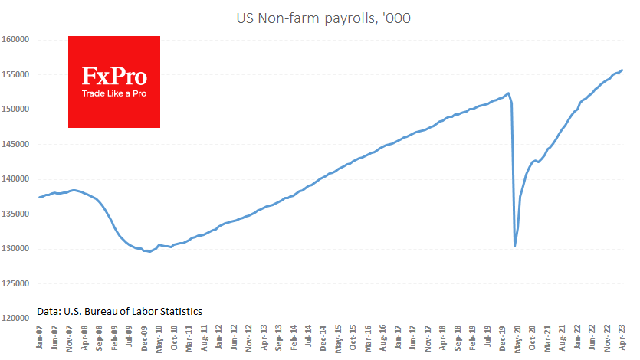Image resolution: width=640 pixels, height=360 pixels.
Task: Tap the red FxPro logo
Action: [x=114, y=81]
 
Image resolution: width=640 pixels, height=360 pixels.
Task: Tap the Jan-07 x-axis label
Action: [x=41, y=338]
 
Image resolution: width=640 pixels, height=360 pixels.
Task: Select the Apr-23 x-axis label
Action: [x=620, y=338]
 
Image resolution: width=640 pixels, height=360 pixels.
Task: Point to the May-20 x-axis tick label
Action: [x=516, y=338]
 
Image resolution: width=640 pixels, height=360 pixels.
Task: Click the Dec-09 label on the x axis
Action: [x=144, y=338]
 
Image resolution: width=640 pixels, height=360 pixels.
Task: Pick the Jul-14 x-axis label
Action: [x=308, y=338]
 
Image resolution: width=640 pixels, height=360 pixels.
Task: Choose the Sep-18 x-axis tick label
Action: [x=457, y=338]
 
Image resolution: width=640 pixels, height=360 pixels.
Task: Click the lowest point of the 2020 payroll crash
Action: [x=514, y=246]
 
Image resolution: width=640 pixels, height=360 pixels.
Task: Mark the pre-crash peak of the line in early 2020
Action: [x=509, y=93]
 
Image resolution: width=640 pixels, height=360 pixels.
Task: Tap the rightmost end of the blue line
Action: [x=622, y=70]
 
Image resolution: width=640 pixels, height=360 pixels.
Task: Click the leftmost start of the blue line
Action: [x=38, y=198]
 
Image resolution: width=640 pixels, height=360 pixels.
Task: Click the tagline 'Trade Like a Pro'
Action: [x=114, y=93]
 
